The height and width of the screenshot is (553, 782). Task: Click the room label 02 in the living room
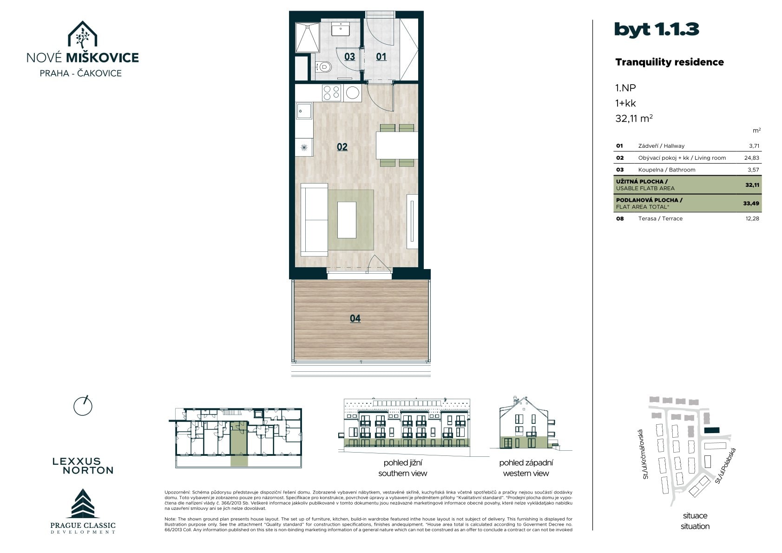tap(342, 147)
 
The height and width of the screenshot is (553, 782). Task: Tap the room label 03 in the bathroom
tap(349, 57)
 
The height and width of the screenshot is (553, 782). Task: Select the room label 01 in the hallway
tap(381, 57)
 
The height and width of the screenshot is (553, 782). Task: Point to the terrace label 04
tap(355, 318)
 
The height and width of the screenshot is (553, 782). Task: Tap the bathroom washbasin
tap(340, 29)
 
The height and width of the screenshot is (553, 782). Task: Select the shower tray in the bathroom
tap(308, 38)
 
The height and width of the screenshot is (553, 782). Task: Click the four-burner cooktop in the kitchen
tap(332, 93)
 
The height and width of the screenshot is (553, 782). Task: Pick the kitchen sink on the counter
tap(304, 111)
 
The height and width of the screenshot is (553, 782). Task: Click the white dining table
tap(397, 145)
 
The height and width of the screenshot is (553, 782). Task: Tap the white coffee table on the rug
tap(347, 220)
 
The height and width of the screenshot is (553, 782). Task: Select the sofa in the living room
tap(314, 220)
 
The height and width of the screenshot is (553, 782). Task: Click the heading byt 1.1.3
tap(657, 30)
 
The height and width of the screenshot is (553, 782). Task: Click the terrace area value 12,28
tap(752, 218)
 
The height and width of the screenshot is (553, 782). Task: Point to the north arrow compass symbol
tap(83, 406)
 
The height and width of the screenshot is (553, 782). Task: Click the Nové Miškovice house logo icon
tap(82, 34)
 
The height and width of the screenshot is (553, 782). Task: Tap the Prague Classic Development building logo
tap(83, 503)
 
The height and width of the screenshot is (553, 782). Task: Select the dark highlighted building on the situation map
tap(712, 430)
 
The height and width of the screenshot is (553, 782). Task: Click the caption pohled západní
tap(526, 463)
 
